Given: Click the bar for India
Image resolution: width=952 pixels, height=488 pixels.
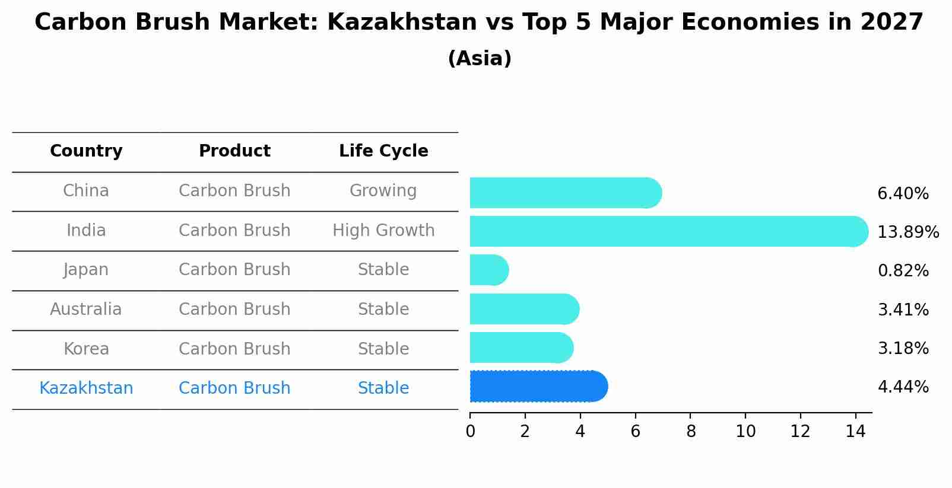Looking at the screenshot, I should pos(668,231).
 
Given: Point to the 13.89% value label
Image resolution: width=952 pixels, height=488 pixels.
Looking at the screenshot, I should pos(907,232).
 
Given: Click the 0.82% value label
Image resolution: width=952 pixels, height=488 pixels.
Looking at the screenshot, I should pos(903,271).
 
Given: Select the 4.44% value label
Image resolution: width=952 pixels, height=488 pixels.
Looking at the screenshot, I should pos(903,387).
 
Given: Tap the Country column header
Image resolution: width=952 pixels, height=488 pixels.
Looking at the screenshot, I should pos(86,151).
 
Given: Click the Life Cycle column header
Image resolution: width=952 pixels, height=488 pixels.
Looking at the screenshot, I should pos(383,151).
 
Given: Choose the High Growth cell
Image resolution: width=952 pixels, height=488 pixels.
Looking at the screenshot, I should pos(383,231).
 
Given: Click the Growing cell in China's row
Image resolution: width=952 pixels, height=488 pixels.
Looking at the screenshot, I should pos(383,191).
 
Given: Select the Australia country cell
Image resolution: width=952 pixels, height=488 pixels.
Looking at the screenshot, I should pos(86,310).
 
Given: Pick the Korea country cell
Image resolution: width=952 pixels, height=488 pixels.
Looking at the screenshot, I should pos(86,349).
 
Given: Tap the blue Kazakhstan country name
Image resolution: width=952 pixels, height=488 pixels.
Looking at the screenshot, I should pos(86,388).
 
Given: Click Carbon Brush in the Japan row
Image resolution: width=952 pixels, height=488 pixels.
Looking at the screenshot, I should pos(234,270).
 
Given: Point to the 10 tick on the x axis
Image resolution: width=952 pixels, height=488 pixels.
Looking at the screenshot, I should pos(745,432).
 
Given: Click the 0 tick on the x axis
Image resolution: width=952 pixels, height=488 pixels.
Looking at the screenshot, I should pos(470,432).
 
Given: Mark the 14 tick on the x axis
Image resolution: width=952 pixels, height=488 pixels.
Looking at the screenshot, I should pos(855,432).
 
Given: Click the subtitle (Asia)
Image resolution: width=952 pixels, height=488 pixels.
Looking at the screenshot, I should pos(480,59).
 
